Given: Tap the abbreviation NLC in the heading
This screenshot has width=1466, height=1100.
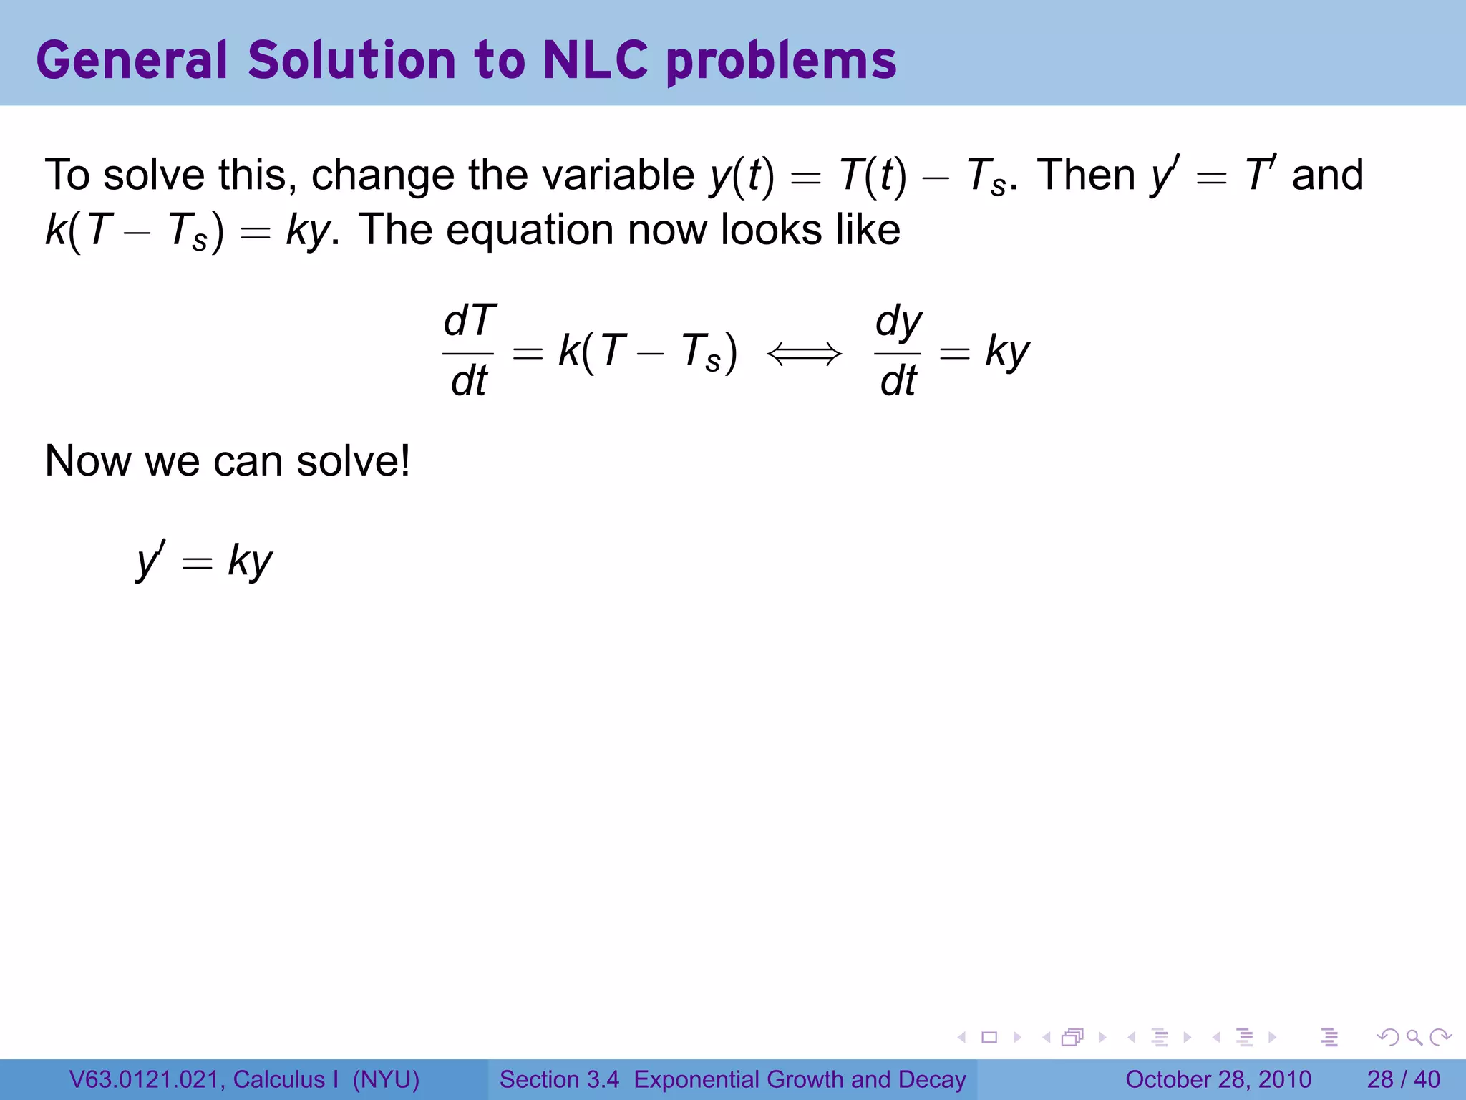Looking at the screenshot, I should (595, 60).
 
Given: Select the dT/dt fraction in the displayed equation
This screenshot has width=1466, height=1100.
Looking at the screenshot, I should (469, 351).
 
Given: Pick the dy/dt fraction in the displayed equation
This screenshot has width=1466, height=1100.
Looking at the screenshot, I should (898, 351).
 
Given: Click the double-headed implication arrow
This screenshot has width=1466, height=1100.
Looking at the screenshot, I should (805, 353).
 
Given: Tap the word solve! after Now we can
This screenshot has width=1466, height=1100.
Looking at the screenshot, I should (354, 460).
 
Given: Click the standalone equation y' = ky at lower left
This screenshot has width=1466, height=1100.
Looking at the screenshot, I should (205, 561).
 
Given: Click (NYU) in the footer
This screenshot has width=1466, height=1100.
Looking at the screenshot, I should (386, 1079).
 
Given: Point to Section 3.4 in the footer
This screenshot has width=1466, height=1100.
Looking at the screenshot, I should (559, 1079).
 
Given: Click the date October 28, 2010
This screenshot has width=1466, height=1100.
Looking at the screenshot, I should (1218, 1079).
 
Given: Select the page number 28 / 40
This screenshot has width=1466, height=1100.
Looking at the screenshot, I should (1403, 1079).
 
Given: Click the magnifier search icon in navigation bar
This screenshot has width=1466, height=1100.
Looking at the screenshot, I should (1414, 1037).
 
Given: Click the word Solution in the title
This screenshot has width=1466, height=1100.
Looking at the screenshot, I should (351, 60).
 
